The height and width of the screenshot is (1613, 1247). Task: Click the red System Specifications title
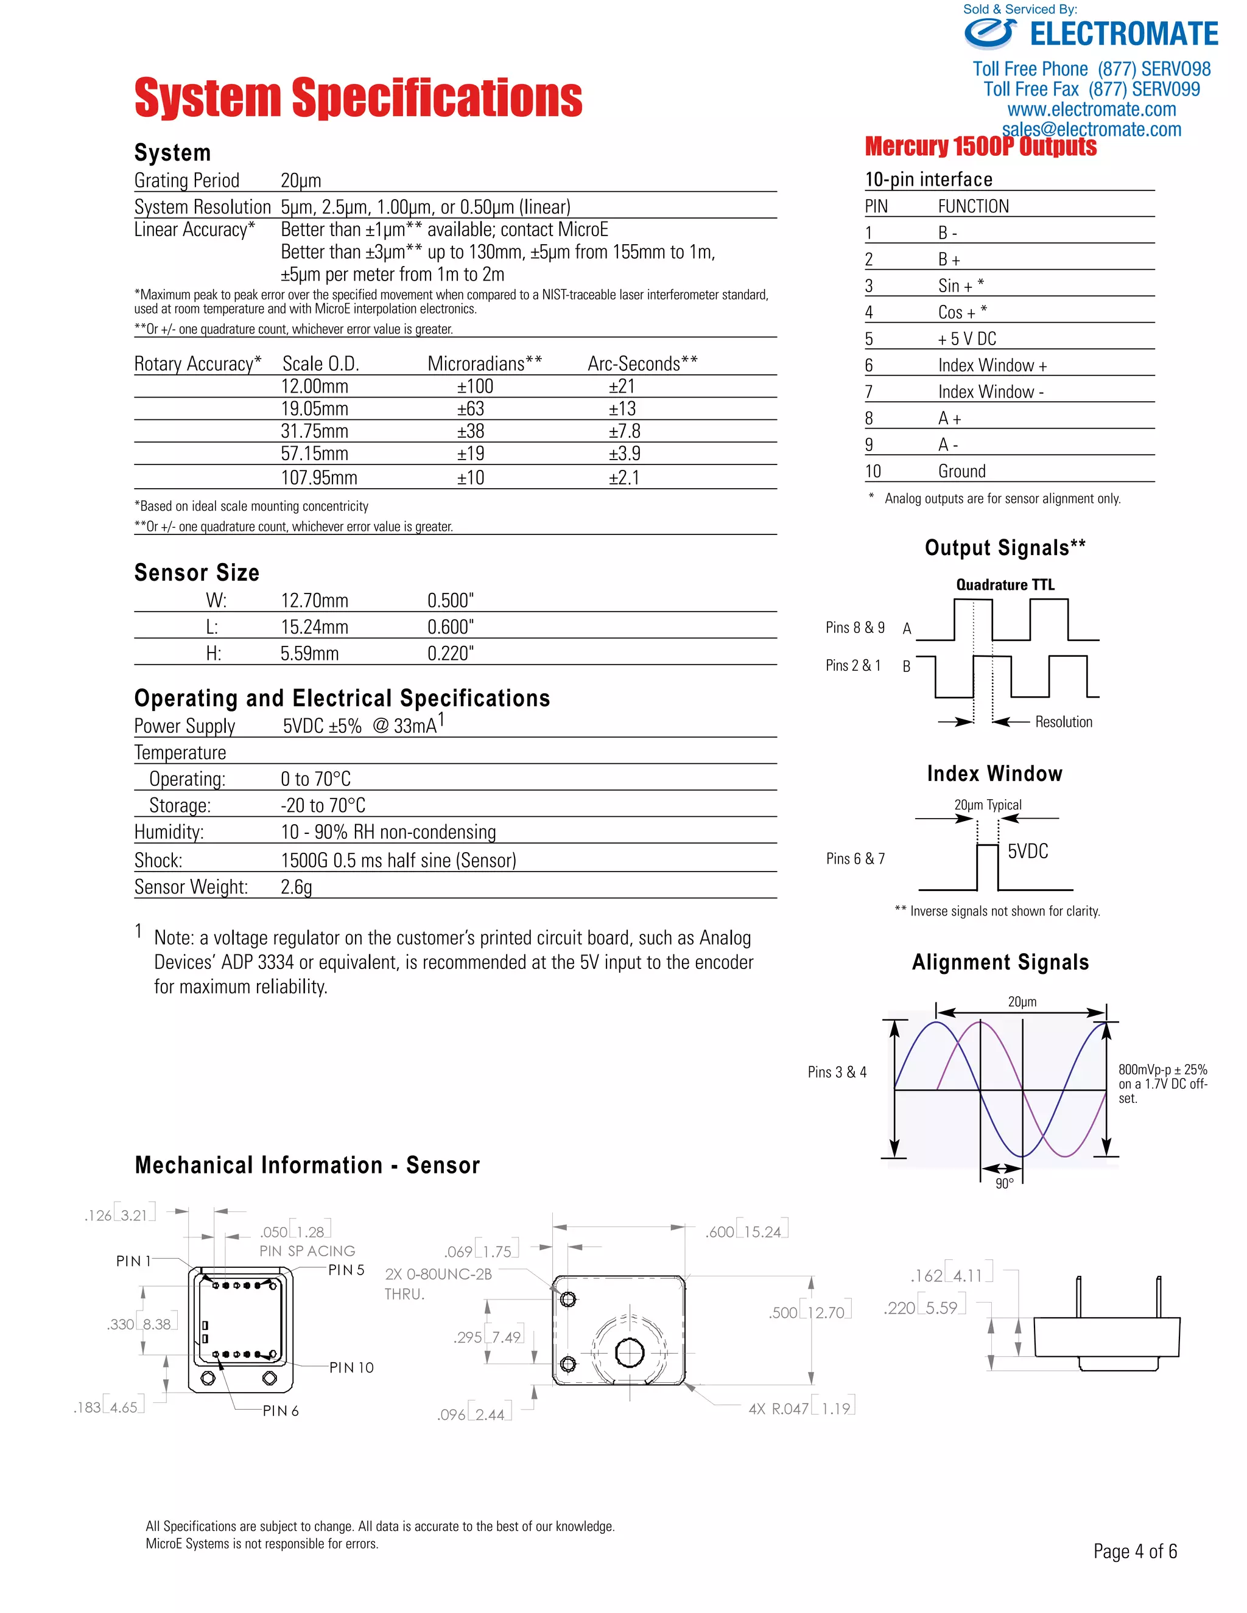point(358,97)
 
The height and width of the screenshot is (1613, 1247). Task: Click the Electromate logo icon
point(990,33)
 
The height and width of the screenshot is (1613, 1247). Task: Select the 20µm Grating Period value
point(301,181)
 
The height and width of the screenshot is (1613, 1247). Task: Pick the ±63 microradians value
point(471,409)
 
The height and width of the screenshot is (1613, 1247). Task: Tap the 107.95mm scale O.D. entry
point(318,478)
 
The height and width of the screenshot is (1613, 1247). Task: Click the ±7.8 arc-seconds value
point(624,432)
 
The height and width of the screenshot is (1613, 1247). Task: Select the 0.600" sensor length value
point(450,627)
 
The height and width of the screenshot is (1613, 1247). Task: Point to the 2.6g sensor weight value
point(297,887)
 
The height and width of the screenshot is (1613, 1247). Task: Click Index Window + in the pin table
point(992,366)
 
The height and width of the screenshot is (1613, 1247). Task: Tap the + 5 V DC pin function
point(966,339)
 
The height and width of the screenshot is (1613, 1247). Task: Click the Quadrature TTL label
point(1005,585)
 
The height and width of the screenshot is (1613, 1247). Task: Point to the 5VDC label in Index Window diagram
point(1028,852)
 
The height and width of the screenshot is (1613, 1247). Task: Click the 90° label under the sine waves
point(1004,1184)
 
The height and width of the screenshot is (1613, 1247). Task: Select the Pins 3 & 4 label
point(837,1072)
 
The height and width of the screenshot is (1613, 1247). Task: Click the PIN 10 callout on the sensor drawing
point(352,1368)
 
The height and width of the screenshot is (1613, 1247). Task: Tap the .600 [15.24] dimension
point(746,1232)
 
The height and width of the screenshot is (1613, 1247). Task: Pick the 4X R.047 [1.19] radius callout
point(801,1408)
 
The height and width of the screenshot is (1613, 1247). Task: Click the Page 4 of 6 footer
point(1135,1551)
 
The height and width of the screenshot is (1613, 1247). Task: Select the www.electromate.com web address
point(1091,110)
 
